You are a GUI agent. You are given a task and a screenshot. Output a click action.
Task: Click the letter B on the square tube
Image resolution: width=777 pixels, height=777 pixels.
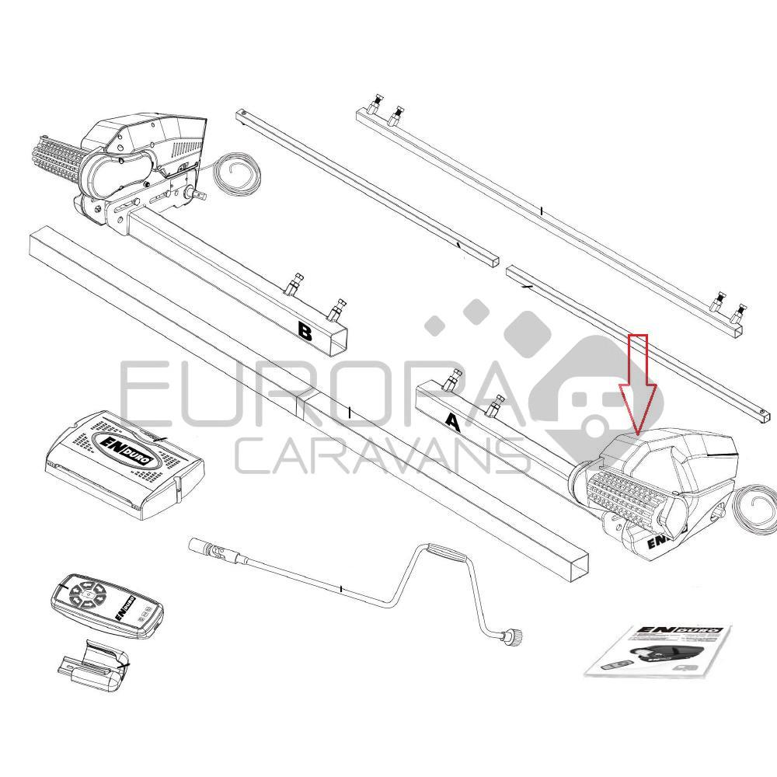(305, 332)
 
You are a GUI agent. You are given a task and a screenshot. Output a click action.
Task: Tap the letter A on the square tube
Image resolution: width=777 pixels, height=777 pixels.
(452, 422)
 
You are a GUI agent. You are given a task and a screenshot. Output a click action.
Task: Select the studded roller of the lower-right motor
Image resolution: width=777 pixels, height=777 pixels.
(626, 497)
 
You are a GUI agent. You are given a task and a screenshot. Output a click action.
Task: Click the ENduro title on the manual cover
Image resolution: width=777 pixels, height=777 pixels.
(692, 630)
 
